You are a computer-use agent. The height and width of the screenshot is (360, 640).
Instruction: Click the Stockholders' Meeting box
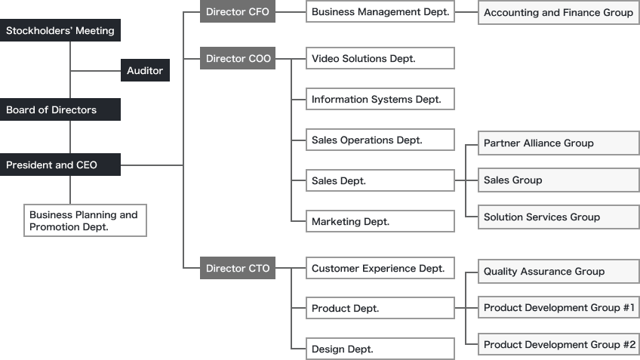(x=60, y=31)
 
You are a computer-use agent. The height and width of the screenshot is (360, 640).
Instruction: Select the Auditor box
(x=145, y=71)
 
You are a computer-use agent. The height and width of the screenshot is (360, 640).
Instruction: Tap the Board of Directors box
(x=60, y=110)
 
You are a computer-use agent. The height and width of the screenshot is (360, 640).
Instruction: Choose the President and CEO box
(x=60, y=165)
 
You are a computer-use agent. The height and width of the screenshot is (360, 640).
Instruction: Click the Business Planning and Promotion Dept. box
(x=85, y=220)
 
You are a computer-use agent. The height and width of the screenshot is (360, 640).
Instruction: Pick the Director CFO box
(x=238, y=12)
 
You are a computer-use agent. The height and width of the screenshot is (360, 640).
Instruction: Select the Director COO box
(x=238, y=59)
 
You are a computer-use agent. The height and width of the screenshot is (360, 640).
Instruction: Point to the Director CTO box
(x=238, y=269)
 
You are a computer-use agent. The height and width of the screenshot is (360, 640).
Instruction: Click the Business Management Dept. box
(x=380, y=12)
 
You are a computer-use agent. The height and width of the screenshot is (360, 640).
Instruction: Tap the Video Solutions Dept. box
(x=380, y=59)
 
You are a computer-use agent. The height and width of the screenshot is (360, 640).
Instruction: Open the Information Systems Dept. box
(x=380, y=100)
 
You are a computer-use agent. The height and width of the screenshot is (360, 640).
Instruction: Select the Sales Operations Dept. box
(x=380, y=140)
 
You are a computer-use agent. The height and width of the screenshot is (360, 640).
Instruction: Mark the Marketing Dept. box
(x=380, y=222)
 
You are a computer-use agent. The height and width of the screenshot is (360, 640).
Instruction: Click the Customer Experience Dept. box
(x=380, y=269)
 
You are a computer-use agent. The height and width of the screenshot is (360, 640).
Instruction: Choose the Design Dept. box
(x=380, y=349)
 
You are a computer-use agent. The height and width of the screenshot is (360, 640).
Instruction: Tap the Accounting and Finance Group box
(x=558, y=13)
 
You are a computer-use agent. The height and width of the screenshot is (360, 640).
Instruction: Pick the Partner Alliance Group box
(x=558, y=143)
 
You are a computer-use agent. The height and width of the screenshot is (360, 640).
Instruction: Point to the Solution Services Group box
(x=558, y=217)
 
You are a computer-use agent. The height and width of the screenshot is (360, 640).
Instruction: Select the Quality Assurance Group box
(x=558, y=272)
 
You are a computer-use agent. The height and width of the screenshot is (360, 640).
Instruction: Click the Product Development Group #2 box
(x=558, y=345)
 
